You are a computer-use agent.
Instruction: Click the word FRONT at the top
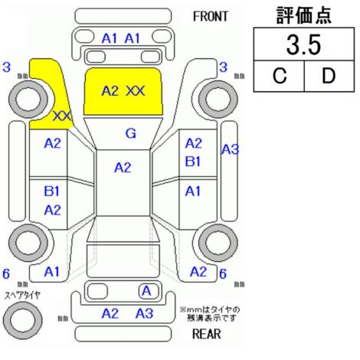210,17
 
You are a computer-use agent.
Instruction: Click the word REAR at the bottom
206,334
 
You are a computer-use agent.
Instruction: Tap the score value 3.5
303,45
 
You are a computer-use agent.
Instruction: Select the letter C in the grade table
280,76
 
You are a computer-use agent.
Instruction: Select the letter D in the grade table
329,76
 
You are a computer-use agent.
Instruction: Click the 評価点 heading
304,15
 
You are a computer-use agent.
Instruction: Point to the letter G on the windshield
131,133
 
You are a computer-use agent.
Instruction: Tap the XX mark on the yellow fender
63,116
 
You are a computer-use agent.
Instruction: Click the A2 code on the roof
123,168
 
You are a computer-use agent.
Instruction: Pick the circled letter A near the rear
147,291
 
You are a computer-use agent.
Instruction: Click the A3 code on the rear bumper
145,313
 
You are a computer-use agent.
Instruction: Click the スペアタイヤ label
22,296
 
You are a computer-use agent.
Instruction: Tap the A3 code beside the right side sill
230,149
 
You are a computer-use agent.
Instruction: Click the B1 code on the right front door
193,162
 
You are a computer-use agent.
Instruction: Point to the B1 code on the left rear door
52,191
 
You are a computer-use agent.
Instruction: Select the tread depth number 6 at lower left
6,273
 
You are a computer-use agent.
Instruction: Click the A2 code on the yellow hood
110,91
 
